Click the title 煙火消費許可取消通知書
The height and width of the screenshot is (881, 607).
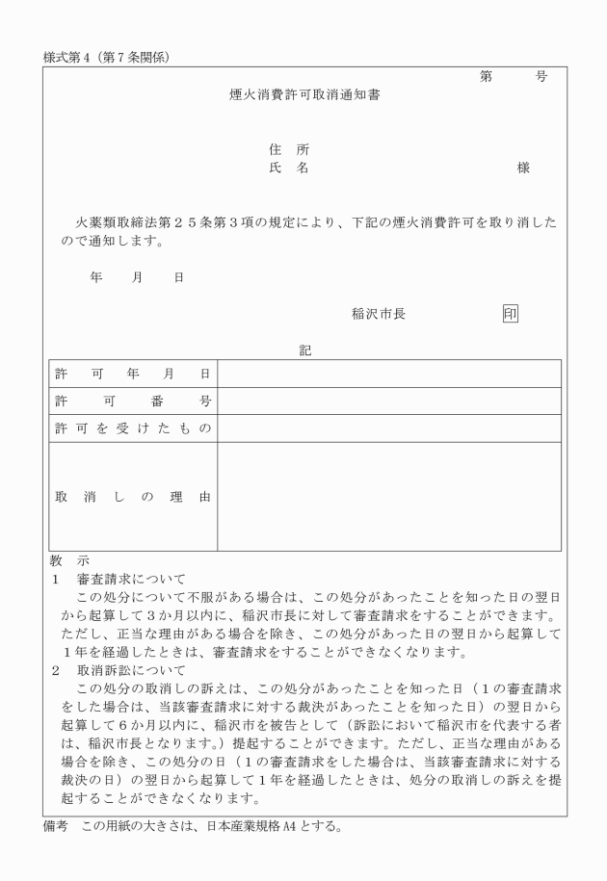tap(303, 95)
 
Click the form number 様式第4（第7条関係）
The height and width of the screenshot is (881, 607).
tap(107, 56)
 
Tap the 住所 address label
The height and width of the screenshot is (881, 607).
tap(289, 149)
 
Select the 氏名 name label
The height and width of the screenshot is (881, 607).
tap(289, 168)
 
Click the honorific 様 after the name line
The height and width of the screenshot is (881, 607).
tap(523, 168)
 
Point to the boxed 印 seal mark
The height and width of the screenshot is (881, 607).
tap(510, 313)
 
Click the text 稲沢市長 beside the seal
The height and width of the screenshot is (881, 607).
tap(379, 313)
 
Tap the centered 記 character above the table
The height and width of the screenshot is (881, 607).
tap(304, 351)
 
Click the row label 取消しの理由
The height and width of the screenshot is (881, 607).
tap(132, 497)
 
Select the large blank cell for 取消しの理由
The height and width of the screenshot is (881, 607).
tap(388, 497)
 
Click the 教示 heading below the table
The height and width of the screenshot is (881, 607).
tap(68, 560)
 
